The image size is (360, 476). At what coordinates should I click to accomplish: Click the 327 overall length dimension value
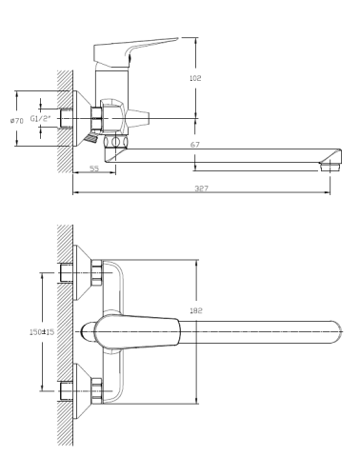(x=201, y=188)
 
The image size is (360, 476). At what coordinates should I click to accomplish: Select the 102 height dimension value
(x=195, y=78)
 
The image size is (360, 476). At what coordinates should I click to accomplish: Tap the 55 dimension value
(x=94, y=169)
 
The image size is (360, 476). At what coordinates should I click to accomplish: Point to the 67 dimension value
(x=195, y=145)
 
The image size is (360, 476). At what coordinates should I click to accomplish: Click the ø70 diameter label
(x=17, y=121)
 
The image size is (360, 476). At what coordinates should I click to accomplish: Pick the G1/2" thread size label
(x=40, y=119)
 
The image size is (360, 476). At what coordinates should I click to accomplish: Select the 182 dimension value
(x=196, y=310)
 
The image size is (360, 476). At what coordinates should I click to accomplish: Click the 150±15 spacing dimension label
(x=42, y=332)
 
